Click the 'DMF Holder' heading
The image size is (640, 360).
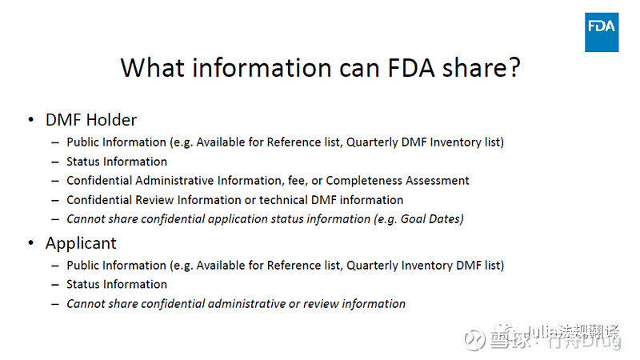tap(91, 120)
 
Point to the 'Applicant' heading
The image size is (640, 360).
tap(81, 243)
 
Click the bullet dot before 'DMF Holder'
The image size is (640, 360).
tap(30, 120)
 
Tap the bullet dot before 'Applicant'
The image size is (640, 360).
tap(30, 243)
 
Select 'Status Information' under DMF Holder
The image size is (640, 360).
tap(117, 162)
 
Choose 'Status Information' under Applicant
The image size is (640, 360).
tap(117, 284)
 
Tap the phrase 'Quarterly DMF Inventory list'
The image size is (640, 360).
tap(423, 142)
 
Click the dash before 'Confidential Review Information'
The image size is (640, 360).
tap(55, 200)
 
